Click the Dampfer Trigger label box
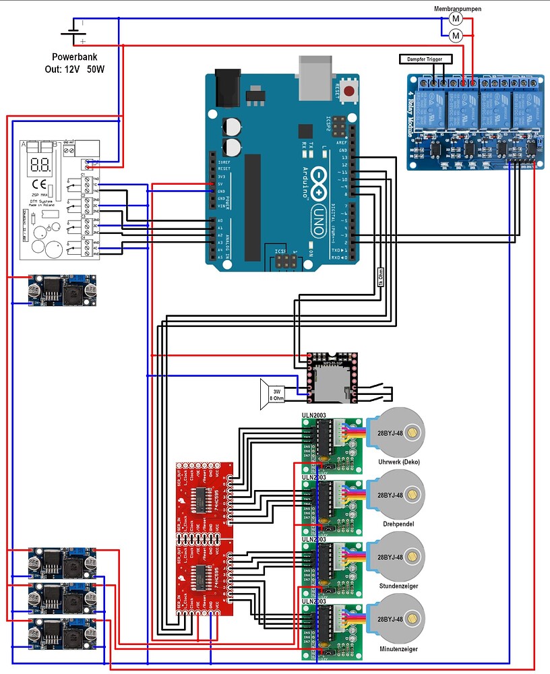426,60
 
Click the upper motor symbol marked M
456,18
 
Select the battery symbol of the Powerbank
72,32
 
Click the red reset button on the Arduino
349,91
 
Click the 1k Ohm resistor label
380,276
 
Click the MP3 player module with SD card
328,381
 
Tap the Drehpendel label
398,523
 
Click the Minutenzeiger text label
398,648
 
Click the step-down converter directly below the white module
62,289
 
